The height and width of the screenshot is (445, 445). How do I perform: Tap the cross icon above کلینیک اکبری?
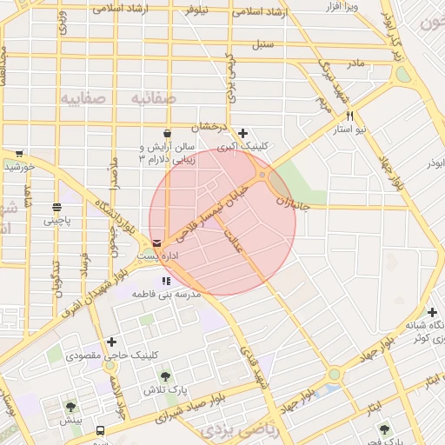(242, 133)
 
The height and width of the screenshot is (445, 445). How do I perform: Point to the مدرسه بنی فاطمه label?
(165, 295)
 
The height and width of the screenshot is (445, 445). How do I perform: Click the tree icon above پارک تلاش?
(165, 376)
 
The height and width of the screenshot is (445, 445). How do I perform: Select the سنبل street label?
(262, 43)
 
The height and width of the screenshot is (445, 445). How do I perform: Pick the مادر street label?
(355, 63)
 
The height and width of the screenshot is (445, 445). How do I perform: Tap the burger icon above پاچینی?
(57, 207)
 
